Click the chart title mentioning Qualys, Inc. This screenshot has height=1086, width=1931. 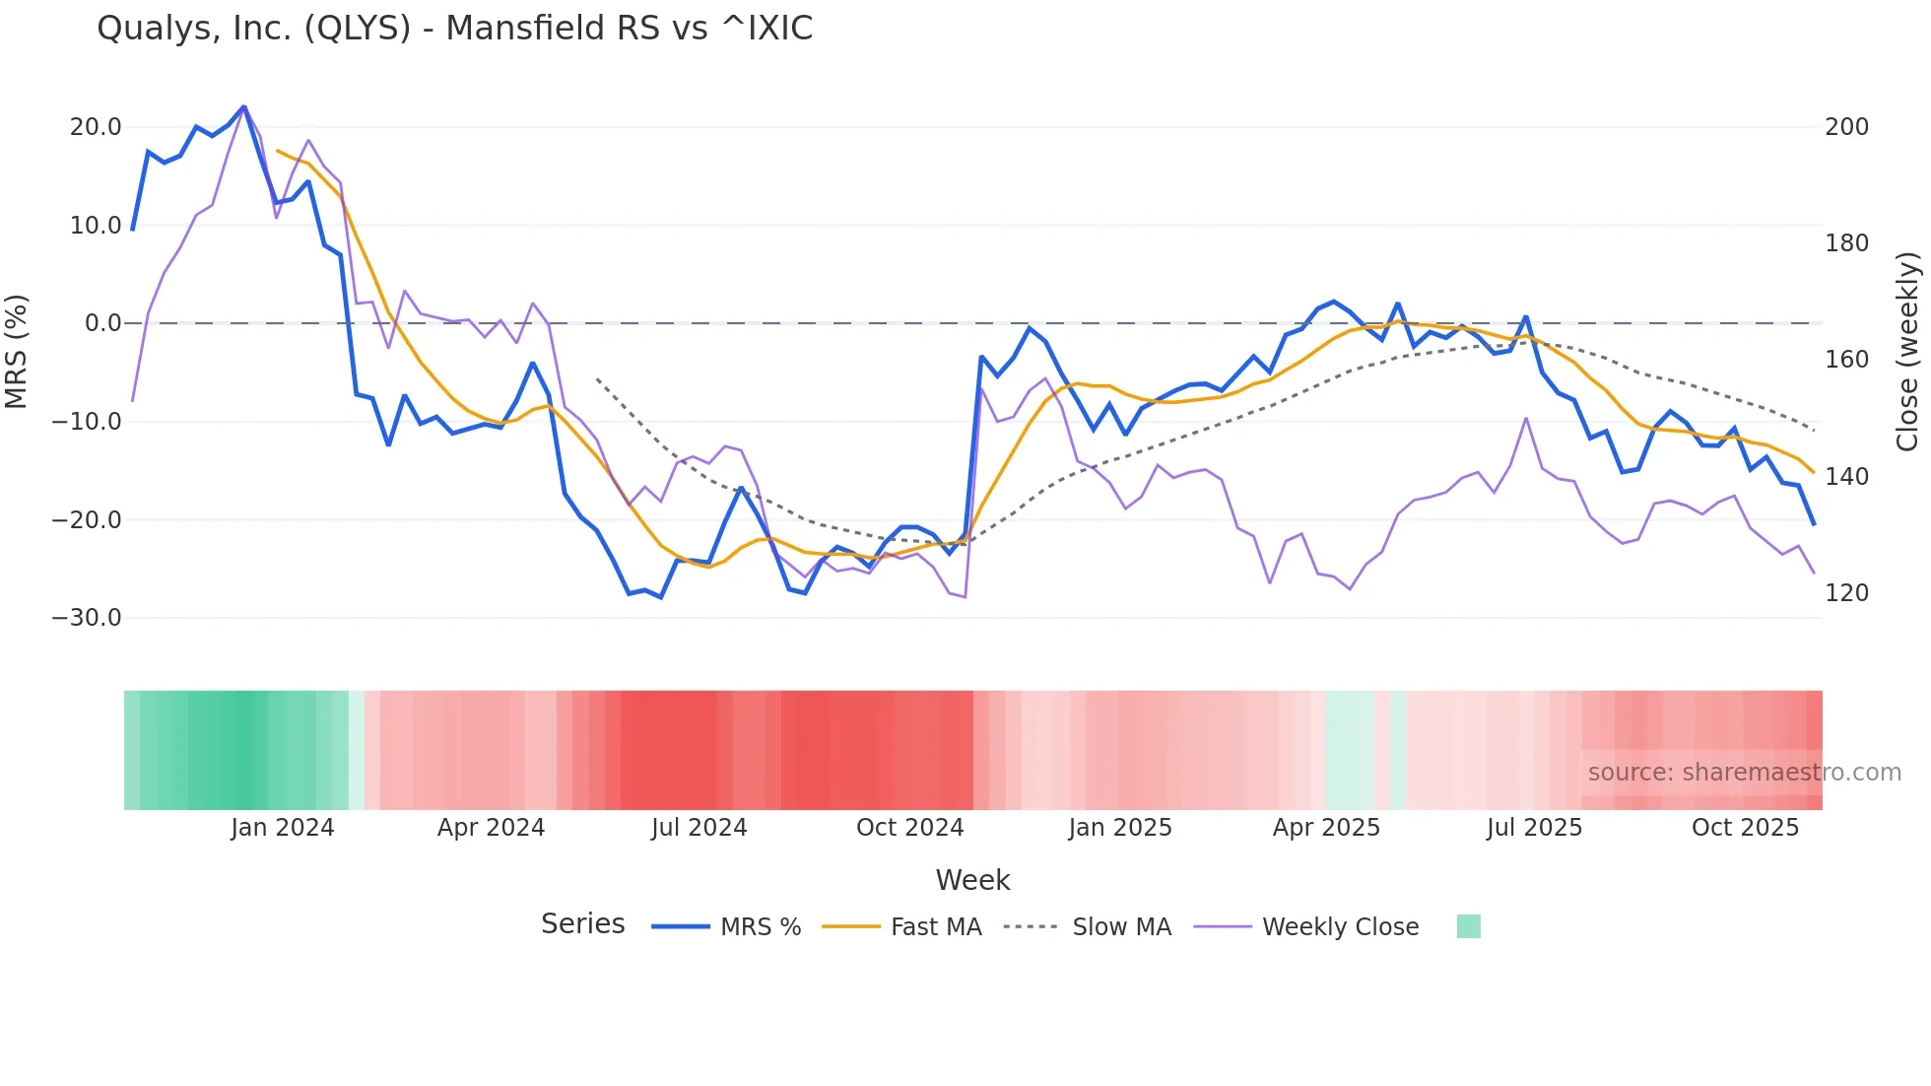tap(454, 29)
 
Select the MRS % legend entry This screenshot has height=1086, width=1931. tap(760, 927)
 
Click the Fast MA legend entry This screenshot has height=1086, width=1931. tap(935, 927)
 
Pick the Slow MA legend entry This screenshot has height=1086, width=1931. tap(1121, 927)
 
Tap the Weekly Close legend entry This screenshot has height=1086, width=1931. tap(1340, 927)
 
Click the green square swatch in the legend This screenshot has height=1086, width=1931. tap(1468, 926)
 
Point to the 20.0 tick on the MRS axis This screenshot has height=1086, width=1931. tap(96, 127)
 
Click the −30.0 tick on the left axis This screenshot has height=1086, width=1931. tap(87, 618)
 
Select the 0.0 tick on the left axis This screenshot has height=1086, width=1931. tap(102, 323)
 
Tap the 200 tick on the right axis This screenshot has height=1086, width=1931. tap(1846, 127)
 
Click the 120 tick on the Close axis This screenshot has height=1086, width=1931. tap(1846, 593)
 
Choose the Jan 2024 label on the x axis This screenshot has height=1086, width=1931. tap(283, 828)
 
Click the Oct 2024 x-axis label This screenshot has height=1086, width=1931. tap(909, 828)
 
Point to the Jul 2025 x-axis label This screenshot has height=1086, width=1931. tap(1534, 828)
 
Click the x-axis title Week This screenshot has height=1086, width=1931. tap(972, 880)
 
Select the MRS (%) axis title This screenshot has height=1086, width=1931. tap(17, 351)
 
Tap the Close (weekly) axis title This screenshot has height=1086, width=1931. tap(1908, 351)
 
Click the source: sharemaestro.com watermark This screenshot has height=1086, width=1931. tap(1744, 773)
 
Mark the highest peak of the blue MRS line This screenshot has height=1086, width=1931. tap(243, 106)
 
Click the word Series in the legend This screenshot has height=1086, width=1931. tap(582, 924)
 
